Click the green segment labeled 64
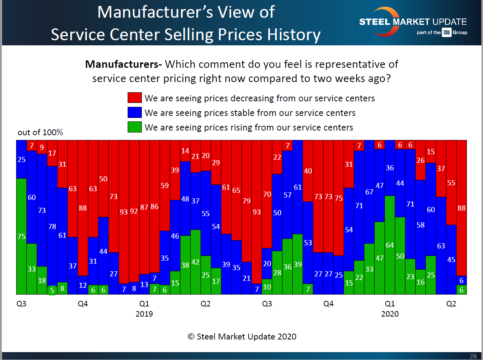[x=390, y=245]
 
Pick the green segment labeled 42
[x=195, y=262]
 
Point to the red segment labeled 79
[x=247, y=201]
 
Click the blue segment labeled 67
[x=369, y=192]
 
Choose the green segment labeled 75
[x=21, y=236]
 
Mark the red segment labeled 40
[x=308, y=171]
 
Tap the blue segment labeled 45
[x=451, y=259]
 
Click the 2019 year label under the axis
[x=144, y=314]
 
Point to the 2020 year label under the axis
[x=390, y=314]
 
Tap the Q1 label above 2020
[x=390, y=304]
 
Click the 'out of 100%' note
[x=40, y=132]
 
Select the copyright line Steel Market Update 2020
[x=242, y=336]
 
